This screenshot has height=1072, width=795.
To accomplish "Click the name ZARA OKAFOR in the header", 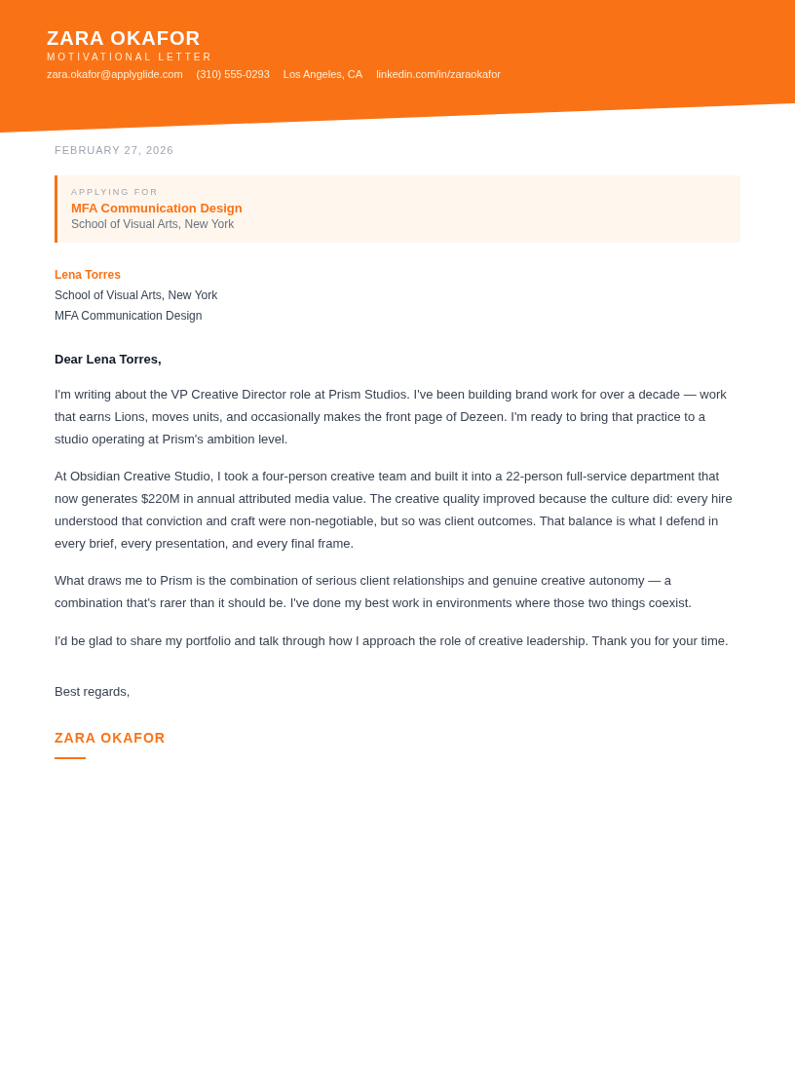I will (124, 38).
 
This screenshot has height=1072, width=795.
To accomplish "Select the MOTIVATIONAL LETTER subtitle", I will (130, 57).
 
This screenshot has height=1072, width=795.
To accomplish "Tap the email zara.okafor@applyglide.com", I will (115, 74).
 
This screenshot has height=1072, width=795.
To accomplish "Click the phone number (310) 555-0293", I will (233, 74).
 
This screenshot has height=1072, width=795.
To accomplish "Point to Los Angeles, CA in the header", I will (322, 74).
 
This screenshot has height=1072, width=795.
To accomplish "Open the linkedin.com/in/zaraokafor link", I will (438, 74).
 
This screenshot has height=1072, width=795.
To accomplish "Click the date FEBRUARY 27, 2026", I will (114, 150).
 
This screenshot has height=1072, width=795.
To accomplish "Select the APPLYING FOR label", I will (114, 192).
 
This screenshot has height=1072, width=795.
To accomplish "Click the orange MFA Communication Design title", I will (156, 208).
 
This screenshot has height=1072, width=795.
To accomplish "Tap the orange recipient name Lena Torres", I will (88, 275).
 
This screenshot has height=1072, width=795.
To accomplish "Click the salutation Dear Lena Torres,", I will (108, 359).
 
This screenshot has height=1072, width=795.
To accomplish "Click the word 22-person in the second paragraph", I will (534, 476).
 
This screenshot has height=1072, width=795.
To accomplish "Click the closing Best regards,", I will (92, 691).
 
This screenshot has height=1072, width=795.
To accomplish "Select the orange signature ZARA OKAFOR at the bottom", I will (110, 738).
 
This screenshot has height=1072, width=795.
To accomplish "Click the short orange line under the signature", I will (70, 757).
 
